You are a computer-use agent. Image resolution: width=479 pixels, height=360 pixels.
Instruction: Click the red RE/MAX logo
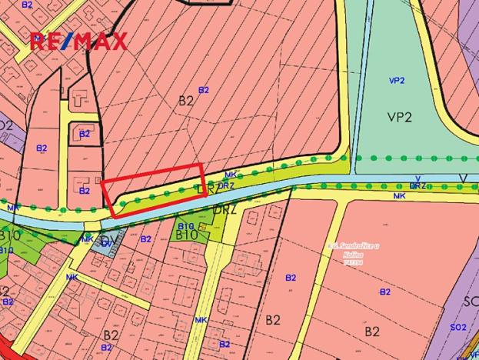[78, 42]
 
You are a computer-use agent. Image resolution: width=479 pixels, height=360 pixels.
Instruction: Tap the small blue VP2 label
[397, 80]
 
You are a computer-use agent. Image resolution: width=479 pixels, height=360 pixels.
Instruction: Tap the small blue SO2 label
[458, 328]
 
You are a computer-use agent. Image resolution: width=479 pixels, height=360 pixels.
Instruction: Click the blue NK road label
[72, 277]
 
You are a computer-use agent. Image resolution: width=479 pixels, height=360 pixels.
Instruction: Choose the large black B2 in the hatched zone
[186, 100]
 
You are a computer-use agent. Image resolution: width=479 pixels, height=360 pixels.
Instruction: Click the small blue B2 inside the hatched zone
[204, 90]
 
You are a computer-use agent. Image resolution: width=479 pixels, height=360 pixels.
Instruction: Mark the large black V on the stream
[463, 178]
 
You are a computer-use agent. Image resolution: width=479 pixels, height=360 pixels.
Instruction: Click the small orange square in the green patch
[201, 227]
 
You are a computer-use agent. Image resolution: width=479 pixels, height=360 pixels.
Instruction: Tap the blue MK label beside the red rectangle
[230, 175]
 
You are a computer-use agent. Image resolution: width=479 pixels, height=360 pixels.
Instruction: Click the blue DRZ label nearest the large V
[417, 185]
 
